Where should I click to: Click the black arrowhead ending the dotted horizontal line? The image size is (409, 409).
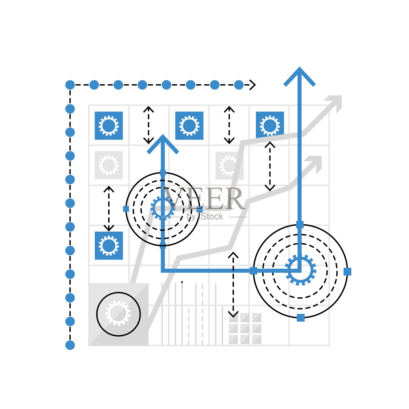point(252,85)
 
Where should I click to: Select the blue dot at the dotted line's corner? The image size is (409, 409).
point(70,85)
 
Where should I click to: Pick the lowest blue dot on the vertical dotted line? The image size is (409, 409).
point(70,345)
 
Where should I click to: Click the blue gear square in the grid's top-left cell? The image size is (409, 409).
point(109,126)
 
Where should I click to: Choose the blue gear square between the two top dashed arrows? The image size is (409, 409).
point(189,126)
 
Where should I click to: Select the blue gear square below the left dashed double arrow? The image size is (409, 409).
point(109,246)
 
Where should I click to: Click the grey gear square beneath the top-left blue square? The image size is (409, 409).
point(109,165)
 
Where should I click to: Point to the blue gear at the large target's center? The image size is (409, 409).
point(300,270)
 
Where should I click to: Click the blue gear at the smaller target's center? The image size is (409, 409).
point(163,208)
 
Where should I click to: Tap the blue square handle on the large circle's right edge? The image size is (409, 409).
point(347,271)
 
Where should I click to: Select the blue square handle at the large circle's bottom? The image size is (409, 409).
point(301,318)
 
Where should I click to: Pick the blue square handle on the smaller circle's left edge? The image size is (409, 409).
point(126,209)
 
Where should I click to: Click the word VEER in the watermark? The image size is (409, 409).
point(204,199)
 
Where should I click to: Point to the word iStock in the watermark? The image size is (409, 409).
point(212,217)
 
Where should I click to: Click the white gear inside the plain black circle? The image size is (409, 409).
point(118,313)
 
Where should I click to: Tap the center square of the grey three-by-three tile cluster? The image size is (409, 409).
point(245,328)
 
